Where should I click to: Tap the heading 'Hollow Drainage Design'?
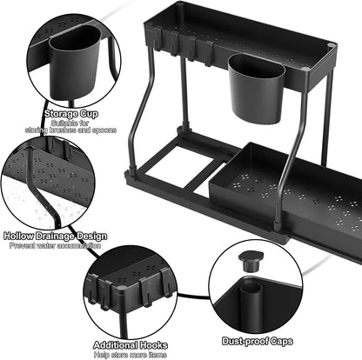click(54, 237)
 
